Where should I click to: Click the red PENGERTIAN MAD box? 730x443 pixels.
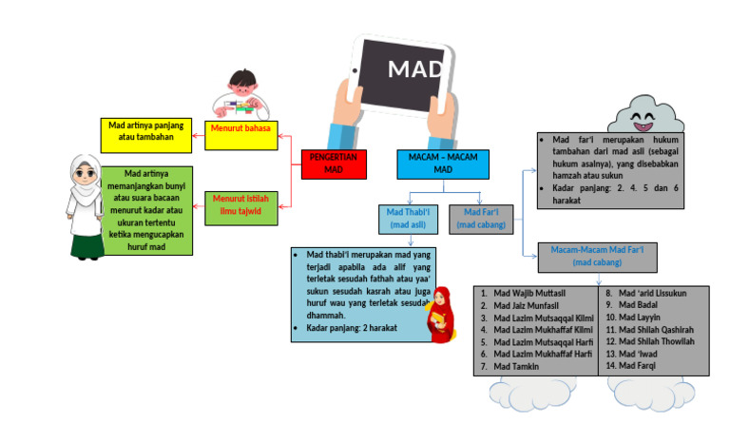(334, 164)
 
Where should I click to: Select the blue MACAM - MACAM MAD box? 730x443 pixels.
(443, 164)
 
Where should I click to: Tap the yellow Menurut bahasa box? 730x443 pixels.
(239, 134)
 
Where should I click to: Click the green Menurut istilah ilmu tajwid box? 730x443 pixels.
(239, 203)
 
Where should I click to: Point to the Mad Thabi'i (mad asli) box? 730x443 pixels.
(412, 219)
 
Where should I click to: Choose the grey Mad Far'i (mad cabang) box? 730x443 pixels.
(481, 219)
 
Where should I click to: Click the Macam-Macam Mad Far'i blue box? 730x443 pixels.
(597, 256)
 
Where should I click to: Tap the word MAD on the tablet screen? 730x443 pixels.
(415, 69)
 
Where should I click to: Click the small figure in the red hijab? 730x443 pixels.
(440, 315)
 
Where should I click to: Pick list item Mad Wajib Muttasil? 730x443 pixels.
(535, 293)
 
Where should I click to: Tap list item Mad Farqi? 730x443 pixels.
(640, 366)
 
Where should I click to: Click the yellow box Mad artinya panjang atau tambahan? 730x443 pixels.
(144, 133)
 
